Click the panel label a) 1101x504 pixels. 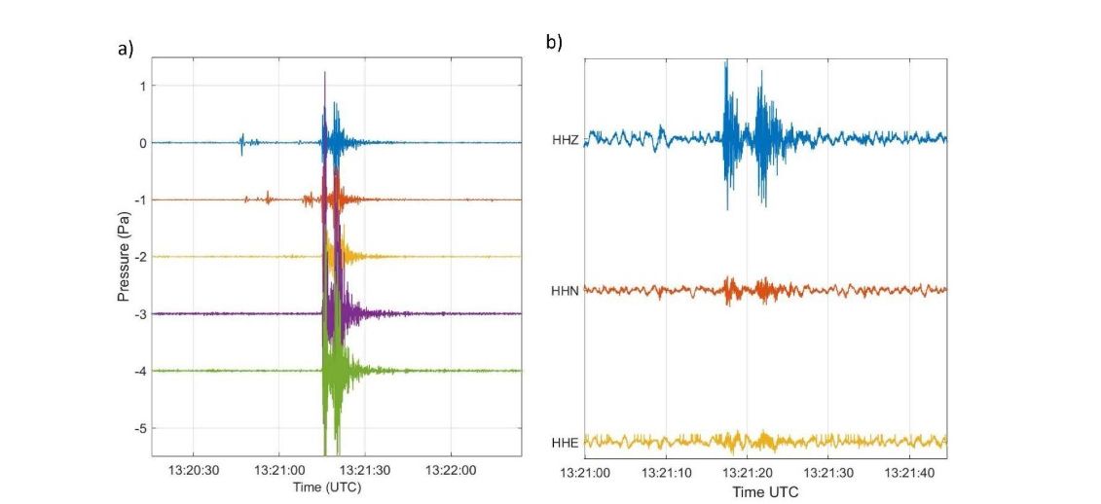[126, 49]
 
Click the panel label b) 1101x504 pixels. [554, 42]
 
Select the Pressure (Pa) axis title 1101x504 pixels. [125, 255]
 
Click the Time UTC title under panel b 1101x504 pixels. [765, 492]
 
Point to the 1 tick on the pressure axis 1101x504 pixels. [142, 86]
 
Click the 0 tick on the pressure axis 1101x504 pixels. [142, 143]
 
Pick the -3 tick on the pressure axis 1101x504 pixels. [140, 314]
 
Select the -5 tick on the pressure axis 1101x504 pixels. [140, 428]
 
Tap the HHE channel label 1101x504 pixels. [566, 443]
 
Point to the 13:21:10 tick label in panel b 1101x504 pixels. [666, 474]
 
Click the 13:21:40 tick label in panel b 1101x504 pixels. [909, 474]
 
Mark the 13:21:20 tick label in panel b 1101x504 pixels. [747, 474]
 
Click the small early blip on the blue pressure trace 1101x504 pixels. [242, 143]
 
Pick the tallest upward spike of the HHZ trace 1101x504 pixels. [726, 63]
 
